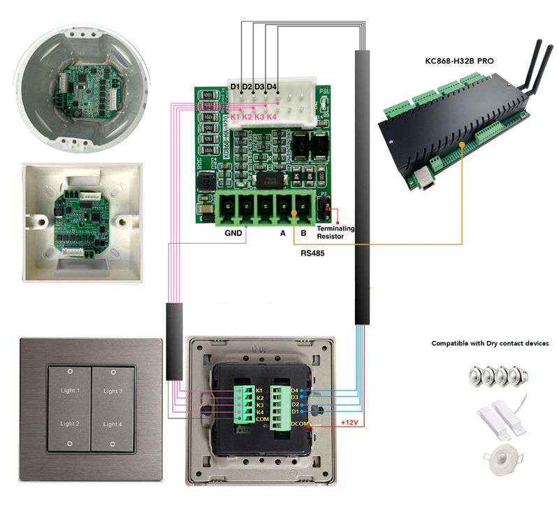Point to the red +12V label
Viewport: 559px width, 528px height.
[x=350, y=423]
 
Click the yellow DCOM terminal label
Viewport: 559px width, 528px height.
[x=300, y=423]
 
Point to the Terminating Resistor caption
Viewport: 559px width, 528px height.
[x=335, y=233]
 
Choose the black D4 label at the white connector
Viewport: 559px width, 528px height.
[x=272, y=87]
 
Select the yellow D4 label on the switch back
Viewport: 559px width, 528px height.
[x=295, y=390]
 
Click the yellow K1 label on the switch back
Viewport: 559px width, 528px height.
[x=260, y=389]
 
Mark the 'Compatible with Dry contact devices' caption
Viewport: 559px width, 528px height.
[x=490, y=344]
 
